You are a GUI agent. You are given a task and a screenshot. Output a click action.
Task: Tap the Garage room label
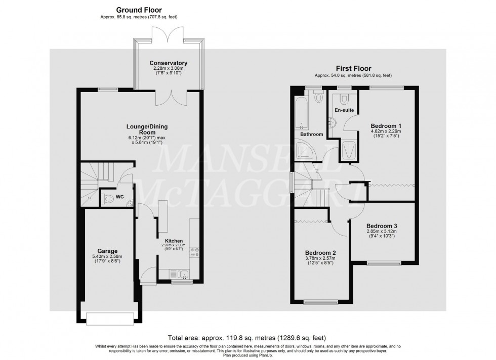[107, 251]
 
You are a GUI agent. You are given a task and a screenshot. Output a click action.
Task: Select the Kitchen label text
[173, 241]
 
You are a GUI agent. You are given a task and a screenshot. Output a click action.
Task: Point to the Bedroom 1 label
[386, 126]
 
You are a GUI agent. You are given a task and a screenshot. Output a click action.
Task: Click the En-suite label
[344, 110]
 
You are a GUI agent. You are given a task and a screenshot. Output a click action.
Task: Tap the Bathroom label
[312, 134]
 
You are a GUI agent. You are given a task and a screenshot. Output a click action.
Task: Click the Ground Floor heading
[139, 10]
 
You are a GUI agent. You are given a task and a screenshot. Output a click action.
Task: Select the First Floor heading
[354, 68]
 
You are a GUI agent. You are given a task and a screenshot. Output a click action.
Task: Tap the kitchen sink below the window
[184, 275]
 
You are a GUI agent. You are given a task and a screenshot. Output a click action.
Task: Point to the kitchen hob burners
[194, 253]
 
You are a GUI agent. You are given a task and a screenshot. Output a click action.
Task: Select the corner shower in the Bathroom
[305, 149]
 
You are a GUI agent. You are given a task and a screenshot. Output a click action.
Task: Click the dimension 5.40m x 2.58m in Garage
[107, 257]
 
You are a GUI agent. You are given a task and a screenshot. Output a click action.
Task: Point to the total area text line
[247, 337]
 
